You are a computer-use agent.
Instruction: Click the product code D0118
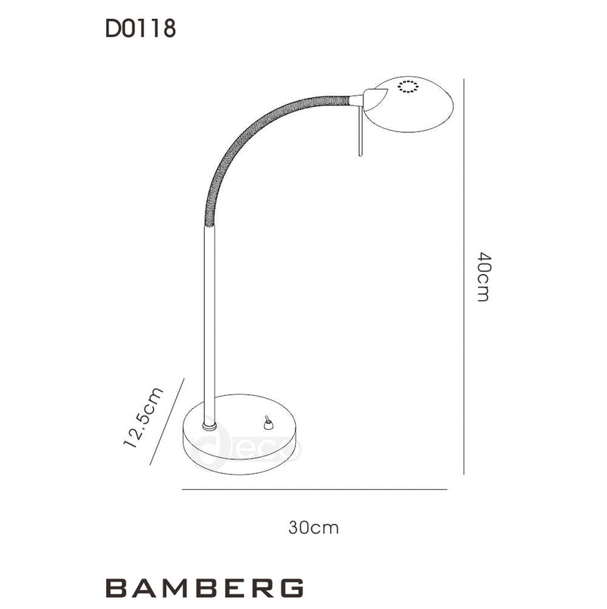click(x=140, y=30)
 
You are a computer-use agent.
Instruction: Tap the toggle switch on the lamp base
click(x=266, y=423)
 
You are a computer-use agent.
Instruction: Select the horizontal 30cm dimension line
click(x=315, y=490)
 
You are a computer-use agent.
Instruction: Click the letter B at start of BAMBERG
click(x=114, y=588)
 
